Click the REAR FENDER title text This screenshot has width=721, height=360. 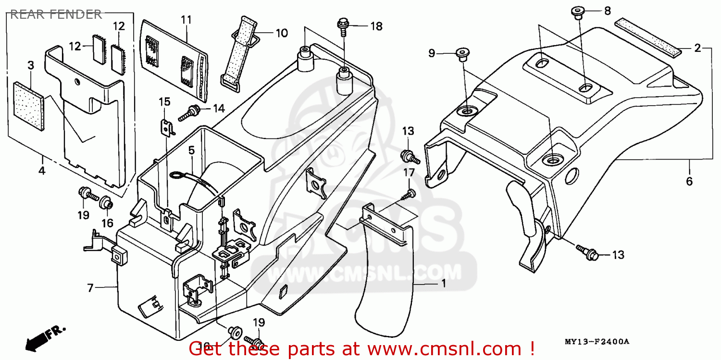(56, 14)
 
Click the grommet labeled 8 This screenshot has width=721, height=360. (577, 12)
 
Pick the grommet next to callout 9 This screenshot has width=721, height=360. (463, 54)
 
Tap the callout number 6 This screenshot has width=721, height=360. (689, 181)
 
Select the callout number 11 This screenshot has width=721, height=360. (186, 20)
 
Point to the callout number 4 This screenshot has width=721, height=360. (42, 170)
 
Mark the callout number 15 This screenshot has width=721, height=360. (164, 101)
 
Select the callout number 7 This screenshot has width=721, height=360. (90, 288)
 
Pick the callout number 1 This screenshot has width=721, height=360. (443, 284)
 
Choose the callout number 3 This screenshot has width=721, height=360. (30, 65)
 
